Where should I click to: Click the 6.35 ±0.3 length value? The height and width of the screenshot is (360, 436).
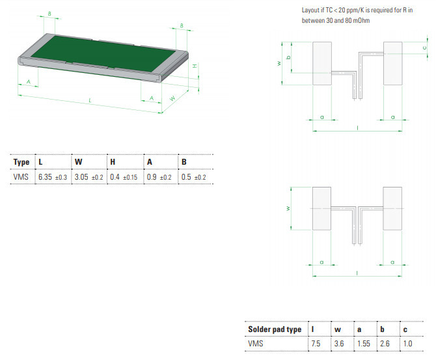click(x=53, y=176)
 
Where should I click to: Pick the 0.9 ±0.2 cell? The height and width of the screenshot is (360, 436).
click(x=159, y=176)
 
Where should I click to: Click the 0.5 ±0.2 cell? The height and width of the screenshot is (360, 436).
click(x=193, y=176)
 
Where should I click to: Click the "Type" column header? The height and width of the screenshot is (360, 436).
click(x=21, y=161)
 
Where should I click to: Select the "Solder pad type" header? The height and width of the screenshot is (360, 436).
click(x=275, y=329)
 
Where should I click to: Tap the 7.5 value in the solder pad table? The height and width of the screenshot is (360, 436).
click(x=317, y=344)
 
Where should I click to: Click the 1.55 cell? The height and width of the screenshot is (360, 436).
click(x=364, y=344)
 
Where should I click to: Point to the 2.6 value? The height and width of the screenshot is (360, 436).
click(x=385, y=344)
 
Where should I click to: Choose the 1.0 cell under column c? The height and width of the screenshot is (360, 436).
click(x=408, y=344)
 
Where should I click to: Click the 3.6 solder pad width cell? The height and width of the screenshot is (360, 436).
click(x=339, y=344)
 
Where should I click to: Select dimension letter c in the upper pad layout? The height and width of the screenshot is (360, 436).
click(x=424, y=48)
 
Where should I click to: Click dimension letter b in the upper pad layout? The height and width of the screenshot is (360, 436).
click(x=288, y=57)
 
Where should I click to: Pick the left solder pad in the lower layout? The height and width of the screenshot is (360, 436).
click(x=323, y=208)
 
